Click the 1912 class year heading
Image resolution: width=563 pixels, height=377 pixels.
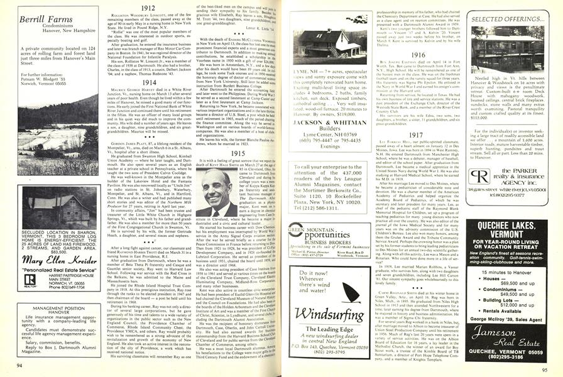pos(148,8)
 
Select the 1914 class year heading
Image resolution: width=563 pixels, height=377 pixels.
pos(148,82)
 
